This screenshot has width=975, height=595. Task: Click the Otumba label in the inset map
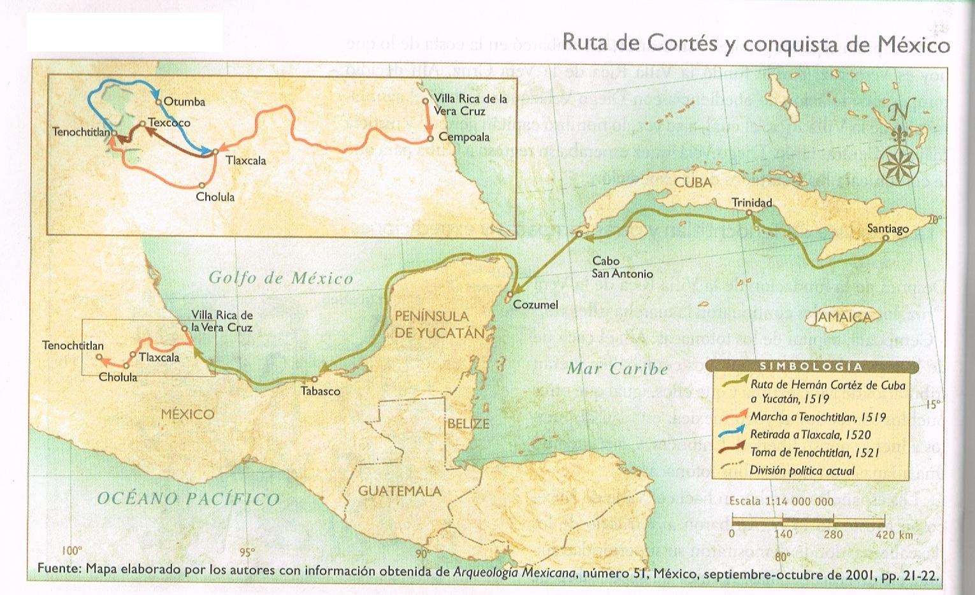click(184, 101)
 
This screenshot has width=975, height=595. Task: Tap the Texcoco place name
click(169, 122)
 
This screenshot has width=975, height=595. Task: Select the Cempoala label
click(464, 137)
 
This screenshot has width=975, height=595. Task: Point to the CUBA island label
click(693, 183)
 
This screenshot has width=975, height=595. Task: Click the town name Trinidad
click(751, 203)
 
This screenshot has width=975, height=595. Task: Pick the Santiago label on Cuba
click(888, 228)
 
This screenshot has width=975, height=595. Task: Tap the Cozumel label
click(535, 305)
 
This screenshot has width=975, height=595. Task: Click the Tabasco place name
click(320, 391)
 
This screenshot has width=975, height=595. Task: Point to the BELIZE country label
click(468, 423)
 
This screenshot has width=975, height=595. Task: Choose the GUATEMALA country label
click(400, 491)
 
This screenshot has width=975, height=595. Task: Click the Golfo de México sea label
click(281, 278)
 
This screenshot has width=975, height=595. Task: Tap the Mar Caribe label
click(617, 368)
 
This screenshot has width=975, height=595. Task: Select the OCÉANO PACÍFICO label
click(188, 498)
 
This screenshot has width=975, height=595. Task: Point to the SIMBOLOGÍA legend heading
click(811, 366)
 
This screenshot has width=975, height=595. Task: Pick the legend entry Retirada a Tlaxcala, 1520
click(810, 434)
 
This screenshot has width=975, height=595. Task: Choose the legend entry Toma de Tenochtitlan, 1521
click(814, 452)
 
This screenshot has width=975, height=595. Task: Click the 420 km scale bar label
click(894, 534)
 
